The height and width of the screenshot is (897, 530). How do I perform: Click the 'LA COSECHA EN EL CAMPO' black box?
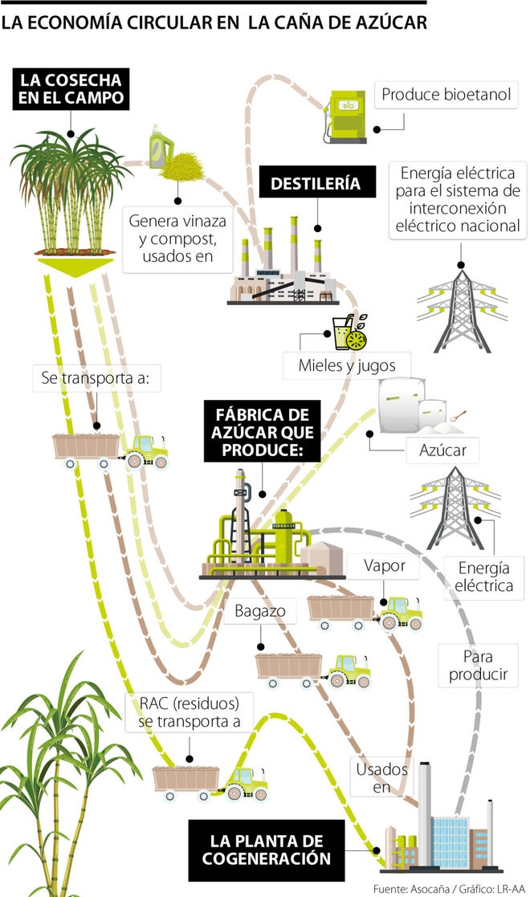[71, 89]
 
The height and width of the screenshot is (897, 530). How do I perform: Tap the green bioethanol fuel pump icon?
[346, 117]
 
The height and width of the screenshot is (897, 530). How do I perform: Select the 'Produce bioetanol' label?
[445, 95]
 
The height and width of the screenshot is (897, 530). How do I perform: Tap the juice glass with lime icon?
[350, 331]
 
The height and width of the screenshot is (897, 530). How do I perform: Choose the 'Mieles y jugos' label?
[348, 366]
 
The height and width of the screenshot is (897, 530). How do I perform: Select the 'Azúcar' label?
[442, 450]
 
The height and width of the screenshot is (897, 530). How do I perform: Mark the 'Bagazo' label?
[260, 612]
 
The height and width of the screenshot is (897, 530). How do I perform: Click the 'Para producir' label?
[479, 665]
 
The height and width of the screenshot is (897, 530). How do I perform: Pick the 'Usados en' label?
[381, 777]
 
